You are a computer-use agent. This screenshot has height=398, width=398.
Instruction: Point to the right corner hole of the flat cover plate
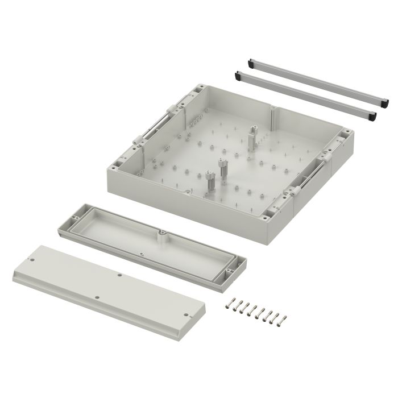tap(185, 313)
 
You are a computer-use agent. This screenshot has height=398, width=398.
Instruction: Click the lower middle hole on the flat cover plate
tap(97, 297)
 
